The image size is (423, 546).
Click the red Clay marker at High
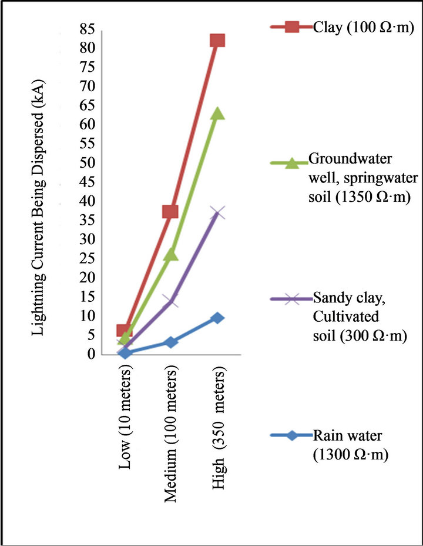point(217,40)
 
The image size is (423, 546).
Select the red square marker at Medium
point(170,211)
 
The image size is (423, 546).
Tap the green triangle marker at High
point(217,113)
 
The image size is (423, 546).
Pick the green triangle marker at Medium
point(170,254)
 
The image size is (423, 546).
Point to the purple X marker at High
point(217,212)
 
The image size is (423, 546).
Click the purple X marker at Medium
point(170,301)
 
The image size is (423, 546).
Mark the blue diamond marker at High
point(217,318)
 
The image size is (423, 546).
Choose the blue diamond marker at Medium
point(170,342)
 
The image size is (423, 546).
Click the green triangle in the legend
point(292,164)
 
